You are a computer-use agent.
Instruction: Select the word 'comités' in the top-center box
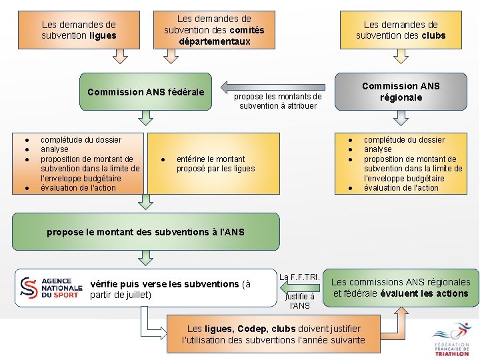point(247,30)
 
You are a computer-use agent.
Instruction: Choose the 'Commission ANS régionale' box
point(401,92)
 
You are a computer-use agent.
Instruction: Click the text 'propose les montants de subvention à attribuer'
point(278,101)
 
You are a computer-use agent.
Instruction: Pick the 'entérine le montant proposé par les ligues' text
point(215,164)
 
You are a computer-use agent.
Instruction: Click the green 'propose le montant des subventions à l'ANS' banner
point(145,232)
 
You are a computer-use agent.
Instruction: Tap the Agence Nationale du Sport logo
point(51,287)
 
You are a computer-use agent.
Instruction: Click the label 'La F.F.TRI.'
point(300,276)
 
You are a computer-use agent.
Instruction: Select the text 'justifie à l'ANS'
point(300,301)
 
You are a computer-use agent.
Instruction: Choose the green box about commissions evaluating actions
point(401,288)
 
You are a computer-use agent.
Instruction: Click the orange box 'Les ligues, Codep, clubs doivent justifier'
point(273,334)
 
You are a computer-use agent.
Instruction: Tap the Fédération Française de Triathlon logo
point(453,339)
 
